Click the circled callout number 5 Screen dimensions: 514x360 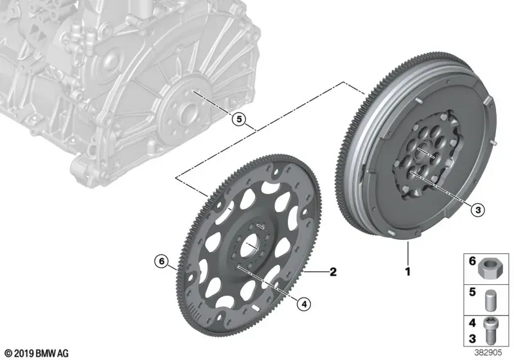239,120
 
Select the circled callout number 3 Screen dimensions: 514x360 477,210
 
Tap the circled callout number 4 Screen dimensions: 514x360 304,304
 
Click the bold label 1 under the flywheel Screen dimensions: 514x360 408,271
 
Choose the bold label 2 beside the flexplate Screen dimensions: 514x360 333,271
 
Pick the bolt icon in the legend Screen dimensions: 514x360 489,331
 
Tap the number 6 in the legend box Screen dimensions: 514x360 472,261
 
